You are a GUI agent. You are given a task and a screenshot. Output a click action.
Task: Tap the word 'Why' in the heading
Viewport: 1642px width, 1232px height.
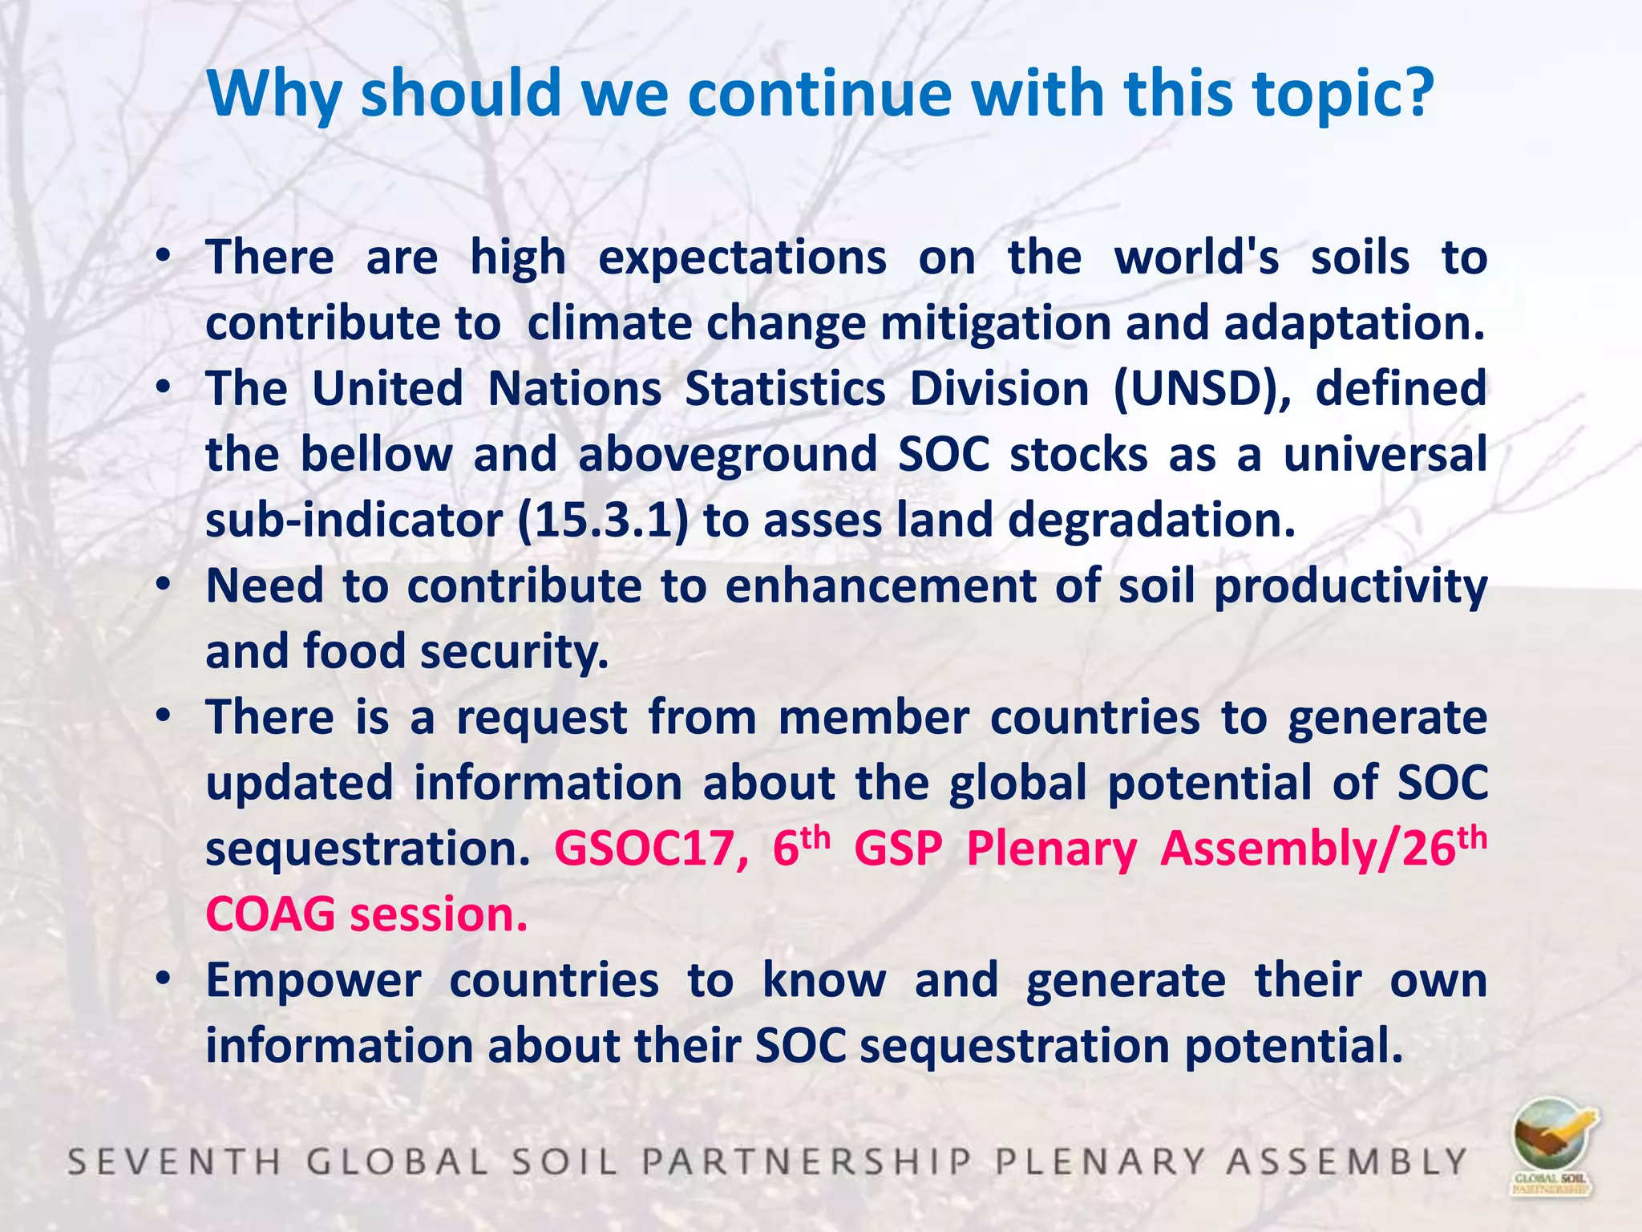click(x=273, y=95)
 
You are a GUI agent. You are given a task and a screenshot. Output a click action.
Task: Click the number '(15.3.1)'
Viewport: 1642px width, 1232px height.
click(x=602, y=521)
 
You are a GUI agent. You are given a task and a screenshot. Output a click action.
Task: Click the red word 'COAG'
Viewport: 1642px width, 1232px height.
click(x=270, y=914)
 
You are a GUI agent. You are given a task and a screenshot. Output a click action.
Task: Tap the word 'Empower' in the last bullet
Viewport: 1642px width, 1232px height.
click(x=313, y=981)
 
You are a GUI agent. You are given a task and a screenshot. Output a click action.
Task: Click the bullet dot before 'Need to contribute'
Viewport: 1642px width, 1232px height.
click(x=164, y=585)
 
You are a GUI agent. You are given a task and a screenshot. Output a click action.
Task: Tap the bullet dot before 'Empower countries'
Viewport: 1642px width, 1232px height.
click(x=164, y=979)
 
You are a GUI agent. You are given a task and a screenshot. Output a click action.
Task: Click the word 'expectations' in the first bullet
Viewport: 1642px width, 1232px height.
click(x=742, y=259)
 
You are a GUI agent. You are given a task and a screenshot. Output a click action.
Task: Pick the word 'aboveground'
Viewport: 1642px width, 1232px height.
click(x=728, y=455)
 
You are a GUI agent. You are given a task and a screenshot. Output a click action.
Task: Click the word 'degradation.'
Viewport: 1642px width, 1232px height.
click(x=1151, y=521)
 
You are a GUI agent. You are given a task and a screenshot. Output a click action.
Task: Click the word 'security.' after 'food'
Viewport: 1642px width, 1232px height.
click(x=515, y=651)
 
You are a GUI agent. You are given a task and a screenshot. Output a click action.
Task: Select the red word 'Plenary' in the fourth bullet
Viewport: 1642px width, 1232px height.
click(x=1052, y=849)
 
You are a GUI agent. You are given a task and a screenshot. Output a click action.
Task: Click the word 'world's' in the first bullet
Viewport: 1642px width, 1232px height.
click(x=1196, y=257)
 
